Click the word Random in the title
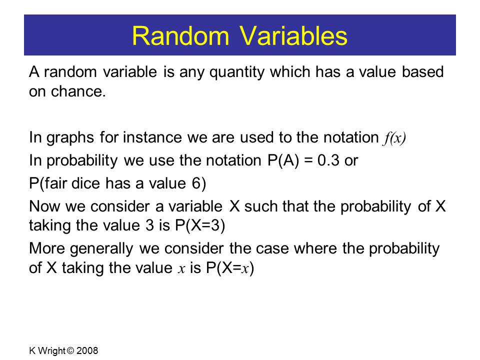click(x=180, y=36)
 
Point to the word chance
click(x=78, y=91)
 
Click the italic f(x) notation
click(x=394, y=138)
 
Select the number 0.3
click(x=328, y=160)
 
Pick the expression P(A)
click(x=283, y=160)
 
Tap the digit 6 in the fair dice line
click(x=196, y=183)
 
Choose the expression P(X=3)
click(x=200, y=225)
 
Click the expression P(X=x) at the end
click(x=230, y=268)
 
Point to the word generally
click(x=101, y=249)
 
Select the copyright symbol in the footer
click(x=70, y=350)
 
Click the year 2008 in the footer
click(x=87, y=350)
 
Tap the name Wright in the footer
click(x=51, y=351)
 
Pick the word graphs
click(x=70, y=138)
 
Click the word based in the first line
click(x=422, y=71)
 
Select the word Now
click(x=44, y=206)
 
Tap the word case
click(x=272, y=248)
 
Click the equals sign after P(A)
click(x=308, y=161)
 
